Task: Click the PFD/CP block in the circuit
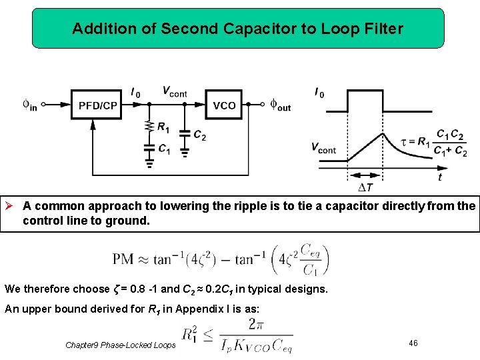coord(98,105)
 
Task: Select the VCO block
coord(224,105)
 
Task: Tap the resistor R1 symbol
coord(149,127)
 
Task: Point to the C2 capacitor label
coord(199,135)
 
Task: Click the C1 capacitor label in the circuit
coord(164,151)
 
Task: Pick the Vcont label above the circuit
coord(175,92)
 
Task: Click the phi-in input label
coord(30,105)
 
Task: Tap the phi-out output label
coord(280,106)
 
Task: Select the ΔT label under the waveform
coord(365,187)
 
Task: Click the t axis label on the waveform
coord(440,177)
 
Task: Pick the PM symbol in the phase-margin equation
coord(125,259)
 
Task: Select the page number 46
coord(413,343)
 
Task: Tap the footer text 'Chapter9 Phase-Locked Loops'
coord(121,345)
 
